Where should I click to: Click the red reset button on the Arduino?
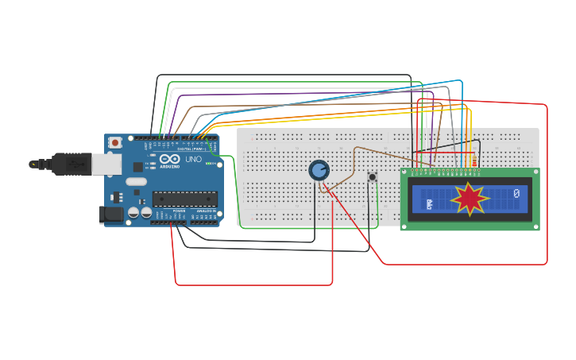(115, 142)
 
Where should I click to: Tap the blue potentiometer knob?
(319, 170)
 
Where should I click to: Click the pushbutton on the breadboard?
(372, 176)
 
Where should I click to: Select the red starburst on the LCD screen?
(469, 199)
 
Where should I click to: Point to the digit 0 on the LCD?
(516, 193)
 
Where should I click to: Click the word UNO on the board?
(193, 159)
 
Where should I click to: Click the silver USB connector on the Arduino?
(106, 164)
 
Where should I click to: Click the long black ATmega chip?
(184, 199)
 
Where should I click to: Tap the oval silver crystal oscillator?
(136, 181)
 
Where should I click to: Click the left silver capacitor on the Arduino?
(133, 212)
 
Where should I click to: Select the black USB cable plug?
(72, 163)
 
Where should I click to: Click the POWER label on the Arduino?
(180, 211)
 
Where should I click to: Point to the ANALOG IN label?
(205, 211)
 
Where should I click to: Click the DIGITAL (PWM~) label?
(191, 149)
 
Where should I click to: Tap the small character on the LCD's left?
(429, 204)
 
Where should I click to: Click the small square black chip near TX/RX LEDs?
(137, 167)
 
